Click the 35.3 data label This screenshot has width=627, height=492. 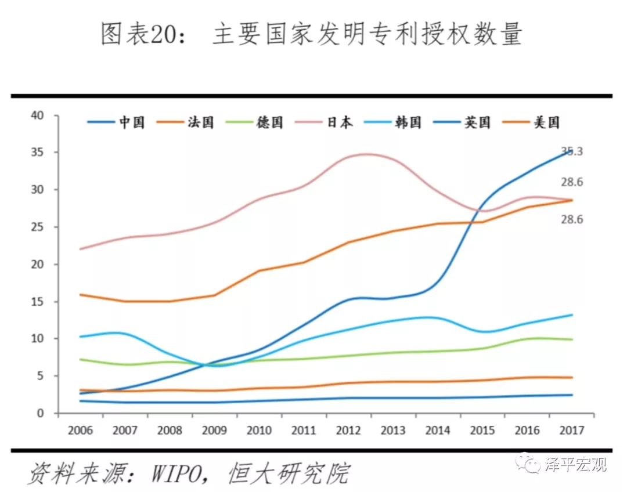(x=572, y=152)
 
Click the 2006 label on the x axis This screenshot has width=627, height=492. (x=80, y=430)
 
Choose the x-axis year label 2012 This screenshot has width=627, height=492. (x=348, y=430)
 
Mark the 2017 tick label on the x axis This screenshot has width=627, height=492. (x=572, y=430)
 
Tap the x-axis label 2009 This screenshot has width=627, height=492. (x=214, y=430)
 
